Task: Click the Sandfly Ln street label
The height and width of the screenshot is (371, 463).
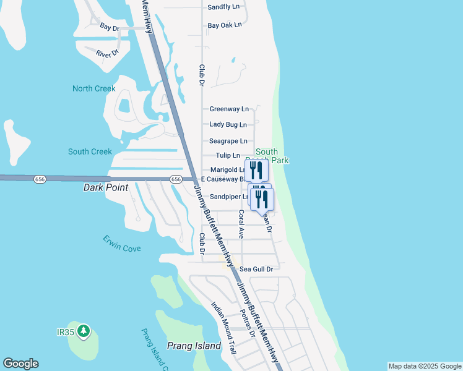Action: [223, 7]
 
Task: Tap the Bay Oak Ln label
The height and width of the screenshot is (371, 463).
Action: [225, 25]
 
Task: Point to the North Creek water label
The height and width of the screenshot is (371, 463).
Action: [94, 88]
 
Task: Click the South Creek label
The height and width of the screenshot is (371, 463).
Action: [90, 151]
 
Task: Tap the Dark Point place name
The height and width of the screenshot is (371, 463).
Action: [106, 187]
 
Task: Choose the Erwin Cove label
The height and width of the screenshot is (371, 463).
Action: [122, 244]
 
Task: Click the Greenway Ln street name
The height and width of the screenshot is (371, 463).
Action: [229, 109]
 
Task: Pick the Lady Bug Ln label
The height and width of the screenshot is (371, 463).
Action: [228, 125]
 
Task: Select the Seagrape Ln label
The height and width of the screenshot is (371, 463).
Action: [228, 141]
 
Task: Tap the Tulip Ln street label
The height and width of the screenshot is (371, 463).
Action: [228, 155]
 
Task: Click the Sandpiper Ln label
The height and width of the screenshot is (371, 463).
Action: [229, 197]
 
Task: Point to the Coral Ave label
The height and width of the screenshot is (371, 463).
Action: [241, 224]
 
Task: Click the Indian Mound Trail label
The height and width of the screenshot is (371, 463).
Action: [223, 328]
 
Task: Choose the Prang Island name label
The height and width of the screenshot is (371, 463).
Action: [194, 346]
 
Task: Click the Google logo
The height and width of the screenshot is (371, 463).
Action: [20, 364]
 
